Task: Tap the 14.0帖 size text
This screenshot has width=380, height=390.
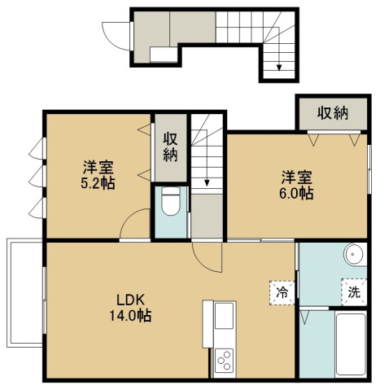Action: [131, 314]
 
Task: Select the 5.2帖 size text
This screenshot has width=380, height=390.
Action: [97, 183]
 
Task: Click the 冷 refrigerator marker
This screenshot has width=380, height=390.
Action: [282, 290]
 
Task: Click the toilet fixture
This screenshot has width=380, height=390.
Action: [171, 202]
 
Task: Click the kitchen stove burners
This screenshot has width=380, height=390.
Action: [224, 359]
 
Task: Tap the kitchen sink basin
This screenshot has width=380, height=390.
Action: [224, 315]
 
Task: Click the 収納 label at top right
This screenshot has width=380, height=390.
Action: [333, 112]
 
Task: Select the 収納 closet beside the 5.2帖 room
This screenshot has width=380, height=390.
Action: [170, 147]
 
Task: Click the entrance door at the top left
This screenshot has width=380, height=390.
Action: [123, 32]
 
